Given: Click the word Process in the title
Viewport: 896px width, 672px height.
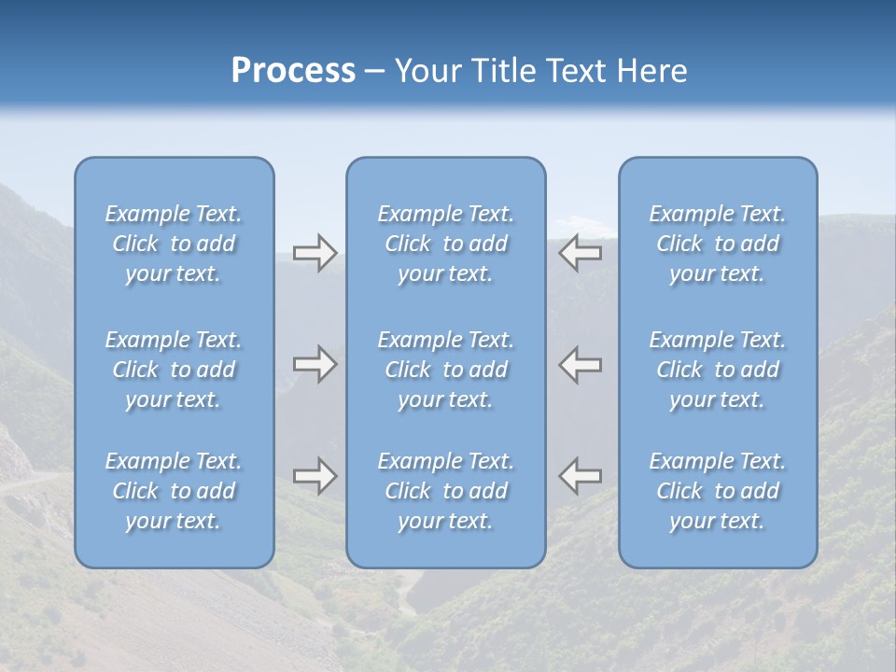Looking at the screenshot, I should (293, 71).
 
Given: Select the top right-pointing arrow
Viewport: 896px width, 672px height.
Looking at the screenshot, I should (315, 253).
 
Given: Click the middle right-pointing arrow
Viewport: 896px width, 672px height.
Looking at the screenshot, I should (315, 364).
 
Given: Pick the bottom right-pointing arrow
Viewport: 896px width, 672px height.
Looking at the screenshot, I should (315, 476).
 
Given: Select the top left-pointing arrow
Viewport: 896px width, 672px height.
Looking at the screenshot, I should (580, 253).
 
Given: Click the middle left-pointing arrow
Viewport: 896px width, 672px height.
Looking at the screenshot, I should (580, 364).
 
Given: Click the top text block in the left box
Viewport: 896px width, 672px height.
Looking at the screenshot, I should (174, 244).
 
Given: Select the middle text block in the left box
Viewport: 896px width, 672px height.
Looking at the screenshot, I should (174, 370).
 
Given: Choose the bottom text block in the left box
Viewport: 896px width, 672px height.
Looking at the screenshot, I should (174, 491).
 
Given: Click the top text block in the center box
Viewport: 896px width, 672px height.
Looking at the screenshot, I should (445, 244).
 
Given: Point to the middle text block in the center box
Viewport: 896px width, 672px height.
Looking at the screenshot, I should (445, 370).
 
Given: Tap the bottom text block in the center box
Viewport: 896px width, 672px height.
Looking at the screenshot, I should (445, 491).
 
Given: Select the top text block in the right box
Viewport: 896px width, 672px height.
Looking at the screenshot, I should (717, 244).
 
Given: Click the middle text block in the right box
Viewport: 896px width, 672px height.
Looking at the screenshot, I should (717, 370).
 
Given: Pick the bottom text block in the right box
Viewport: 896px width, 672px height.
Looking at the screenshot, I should (717, 491).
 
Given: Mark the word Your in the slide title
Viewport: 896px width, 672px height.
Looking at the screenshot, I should (428, 71).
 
